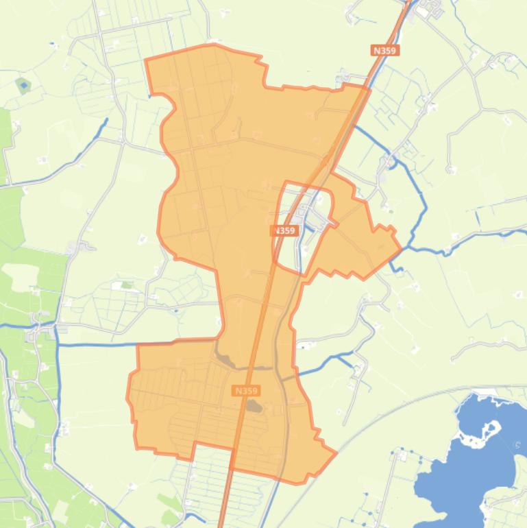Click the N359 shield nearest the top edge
386,50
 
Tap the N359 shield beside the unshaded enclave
284,231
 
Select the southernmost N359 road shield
246,390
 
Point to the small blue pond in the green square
24,86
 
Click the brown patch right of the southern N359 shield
254,407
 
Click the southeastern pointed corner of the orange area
335,453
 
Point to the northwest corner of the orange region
146,60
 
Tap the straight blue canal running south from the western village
56,398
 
